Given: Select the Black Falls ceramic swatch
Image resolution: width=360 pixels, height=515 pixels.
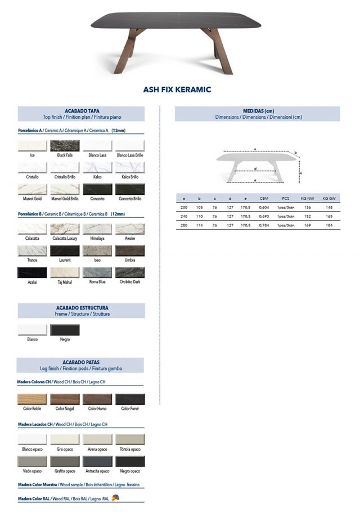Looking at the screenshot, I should (x=65, y=146).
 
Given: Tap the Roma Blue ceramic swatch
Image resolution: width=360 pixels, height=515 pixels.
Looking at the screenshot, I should (x=97, y=273).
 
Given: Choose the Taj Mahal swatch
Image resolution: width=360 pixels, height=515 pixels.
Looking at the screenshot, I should (x=65, y=273).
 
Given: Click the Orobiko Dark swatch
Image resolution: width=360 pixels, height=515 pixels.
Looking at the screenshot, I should (x=130, y=273).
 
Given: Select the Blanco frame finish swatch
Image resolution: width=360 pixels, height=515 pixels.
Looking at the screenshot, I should (x=32, y=330).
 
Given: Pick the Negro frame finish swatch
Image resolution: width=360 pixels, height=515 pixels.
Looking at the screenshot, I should (x=65, y=330).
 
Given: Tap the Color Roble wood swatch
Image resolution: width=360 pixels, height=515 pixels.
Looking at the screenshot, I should (x=32, y=399).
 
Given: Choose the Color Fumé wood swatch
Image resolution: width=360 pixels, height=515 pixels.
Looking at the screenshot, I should (x=130, y=399).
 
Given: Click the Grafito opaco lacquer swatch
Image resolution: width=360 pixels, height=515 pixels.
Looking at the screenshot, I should (x=65, y=462).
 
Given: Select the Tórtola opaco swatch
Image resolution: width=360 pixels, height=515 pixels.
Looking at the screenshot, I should (x=130, y=440).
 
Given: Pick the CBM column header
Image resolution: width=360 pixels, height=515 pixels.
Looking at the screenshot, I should (x=264, y=198).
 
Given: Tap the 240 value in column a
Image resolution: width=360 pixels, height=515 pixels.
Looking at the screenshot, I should (x=184, y=216).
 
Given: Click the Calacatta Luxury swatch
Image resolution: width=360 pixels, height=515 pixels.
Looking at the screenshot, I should (x=65, y=229).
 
